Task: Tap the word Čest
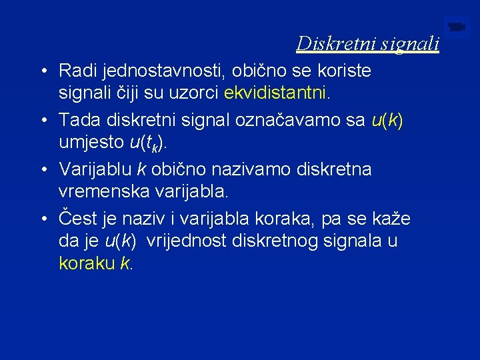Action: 77,219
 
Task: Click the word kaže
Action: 391,219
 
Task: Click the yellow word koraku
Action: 87,264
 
